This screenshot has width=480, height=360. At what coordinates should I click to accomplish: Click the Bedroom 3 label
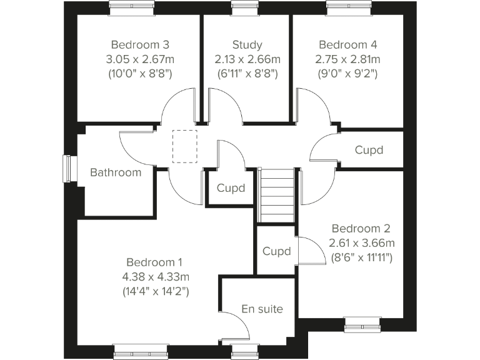point(139,45)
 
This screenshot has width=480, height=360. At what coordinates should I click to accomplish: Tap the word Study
point(247,45)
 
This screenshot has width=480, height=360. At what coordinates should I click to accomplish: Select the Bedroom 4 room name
point(348,45)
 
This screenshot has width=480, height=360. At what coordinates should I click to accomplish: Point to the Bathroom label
point(116,172)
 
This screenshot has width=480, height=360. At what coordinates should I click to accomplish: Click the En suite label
point(262,309)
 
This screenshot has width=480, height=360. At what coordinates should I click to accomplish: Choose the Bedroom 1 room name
point(155,262)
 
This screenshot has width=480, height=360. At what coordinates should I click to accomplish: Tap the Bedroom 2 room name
point(361,228)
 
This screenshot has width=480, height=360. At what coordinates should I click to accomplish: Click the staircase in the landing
point(277,196)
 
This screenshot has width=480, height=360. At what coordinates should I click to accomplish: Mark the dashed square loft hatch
point(184,146)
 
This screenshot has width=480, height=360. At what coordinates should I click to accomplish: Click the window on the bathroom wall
point(67,169)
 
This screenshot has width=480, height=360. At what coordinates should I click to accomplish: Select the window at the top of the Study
point(241,6)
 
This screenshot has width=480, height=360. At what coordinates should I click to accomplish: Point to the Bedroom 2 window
point(362,323)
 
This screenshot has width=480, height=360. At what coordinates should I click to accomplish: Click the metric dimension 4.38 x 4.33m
point(155,276)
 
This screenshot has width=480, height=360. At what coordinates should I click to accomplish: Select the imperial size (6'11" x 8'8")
point(247,74)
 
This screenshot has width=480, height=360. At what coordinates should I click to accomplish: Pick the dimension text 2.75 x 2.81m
point(348,59)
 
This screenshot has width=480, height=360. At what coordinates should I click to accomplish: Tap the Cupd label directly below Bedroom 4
point(368,151)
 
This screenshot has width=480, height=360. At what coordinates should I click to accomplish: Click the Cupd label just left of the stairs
point(231,188)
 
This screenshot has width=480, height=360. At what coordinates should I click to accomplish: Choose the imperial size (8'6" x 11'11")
point(361,257)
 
